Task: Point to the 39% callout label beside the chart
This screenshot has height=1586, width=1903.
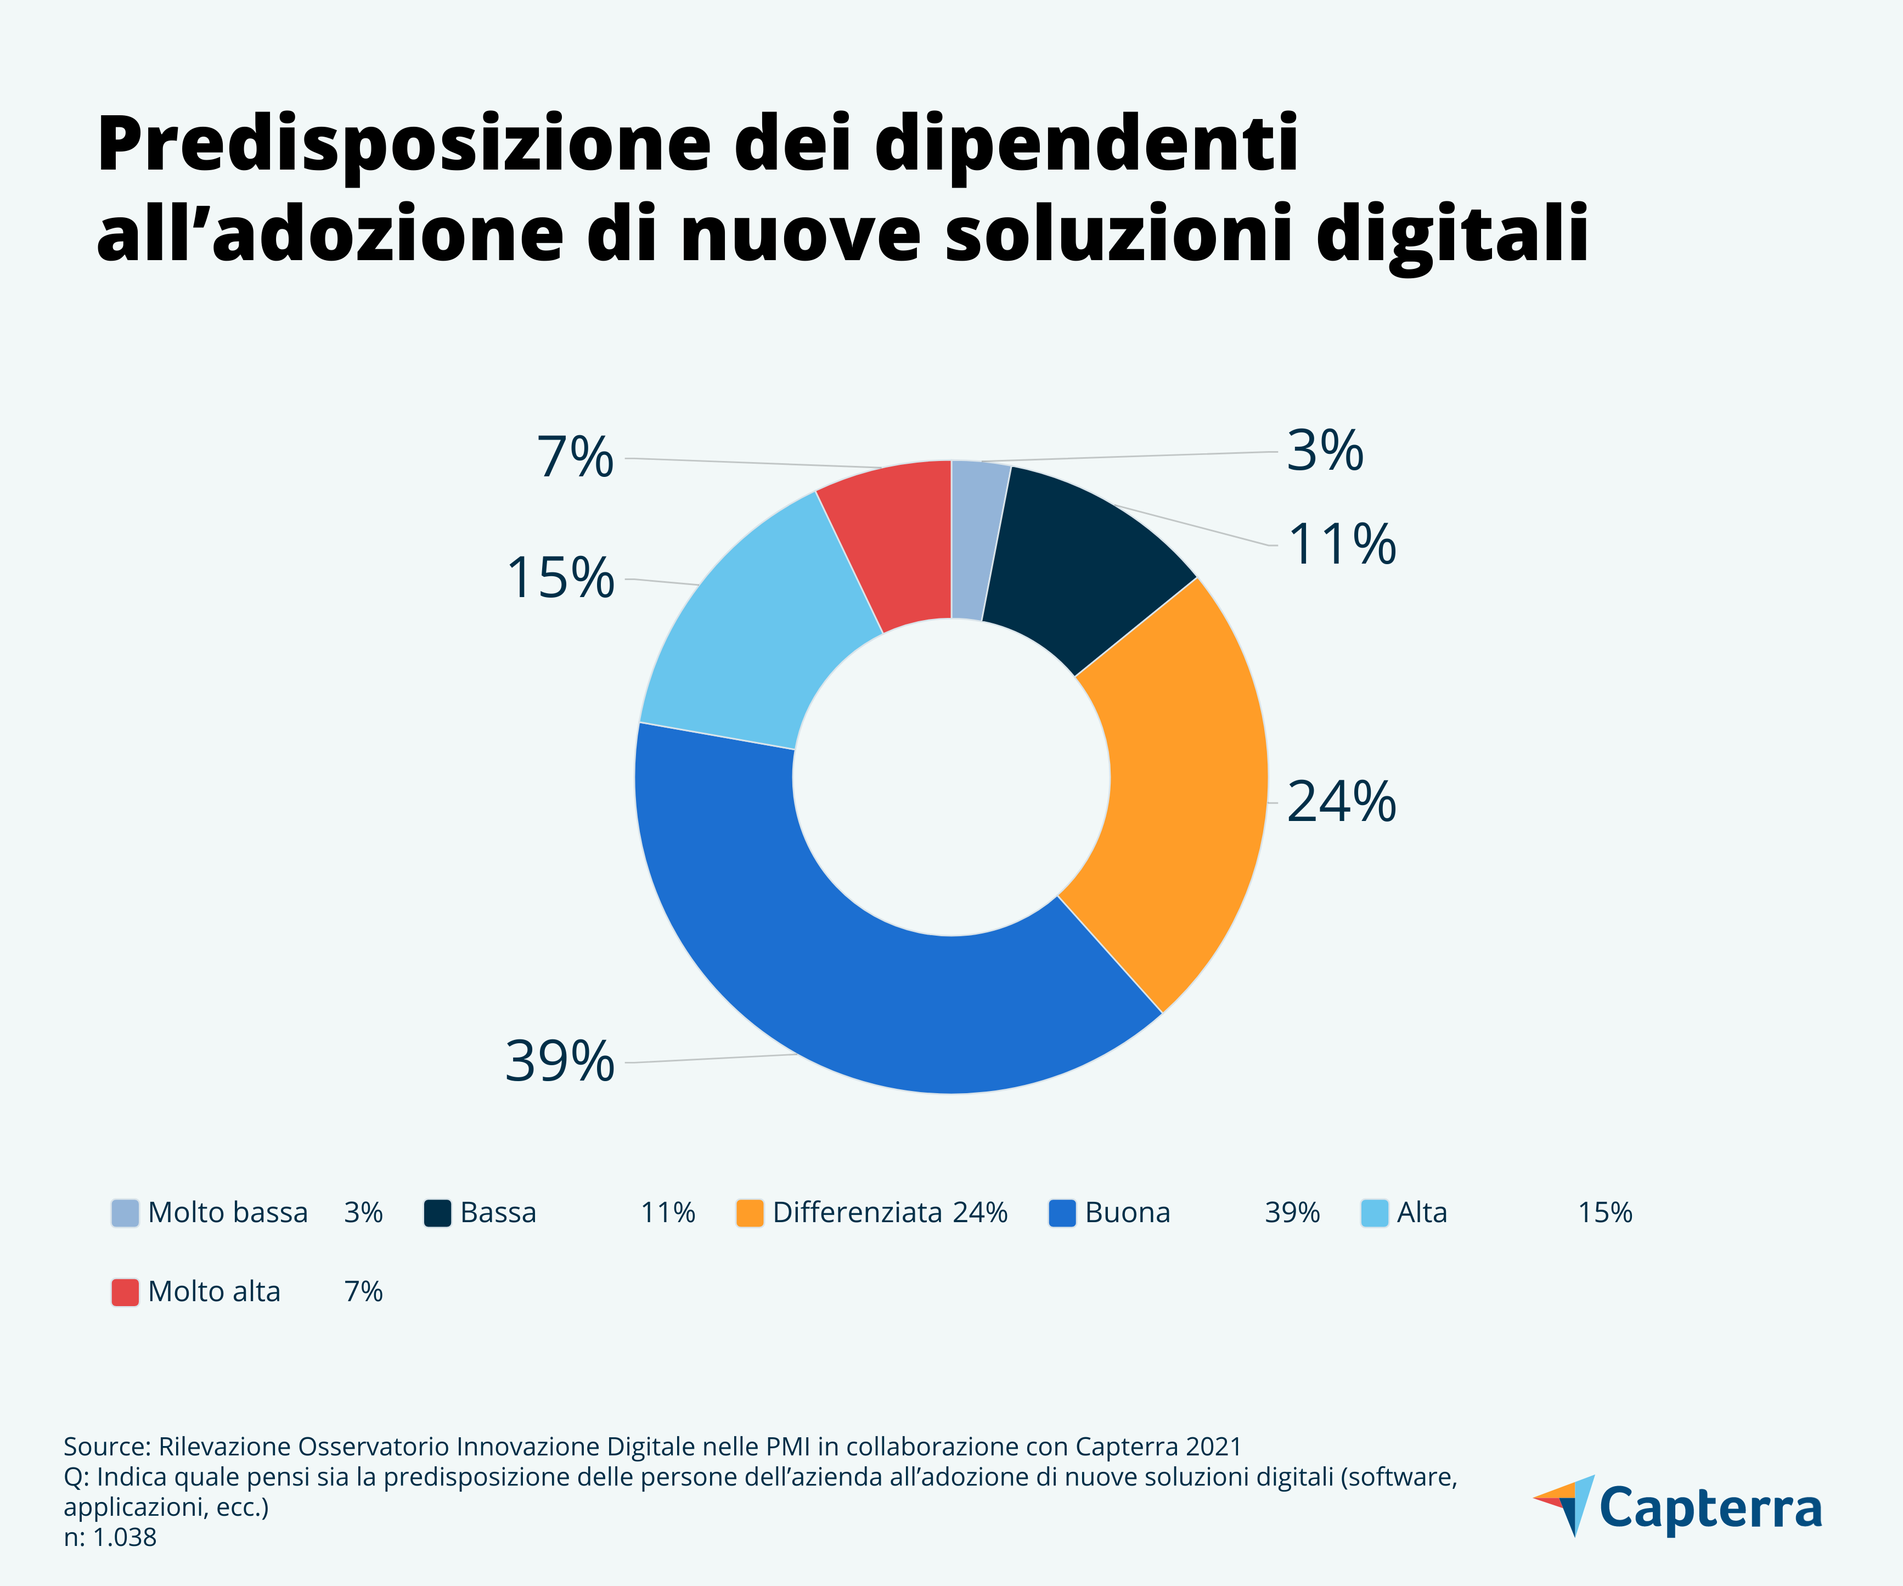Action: (559, 1061)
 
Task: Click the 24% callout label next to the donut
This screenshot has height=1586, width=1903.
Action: (1341, 802)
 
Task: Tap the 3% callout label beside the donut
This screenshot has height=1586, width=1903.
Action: (1325, 451)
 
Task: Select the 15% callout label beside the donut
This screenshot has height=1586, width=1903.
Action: (560, 578)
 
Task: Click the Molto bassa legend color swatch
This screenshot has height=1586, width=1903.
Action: (125, 1213)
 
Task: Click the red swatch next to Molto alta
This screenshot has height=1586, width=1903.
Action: (125, 1291)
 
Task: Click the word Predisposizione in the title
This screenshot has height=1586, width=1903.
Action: (403, 145)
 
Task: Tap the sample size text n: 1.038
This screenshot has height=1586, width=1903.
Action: (110, 1537)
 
